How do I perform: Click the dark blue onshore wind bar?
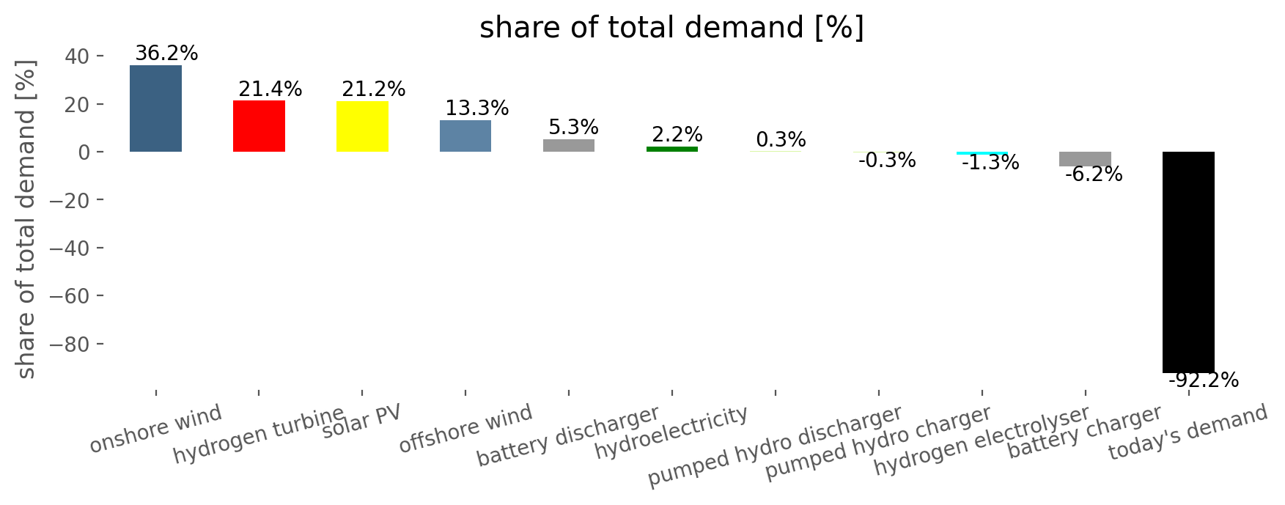coord(155,108)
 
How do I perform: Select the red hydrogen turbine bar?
coord(259,126)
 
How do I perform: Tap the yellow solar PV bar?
coord(362,126)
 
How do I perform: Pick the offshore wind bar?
coord(465,136)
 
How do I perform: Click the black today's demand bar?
coord(1188,262)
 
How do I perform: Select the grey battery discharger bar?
coord(569,145)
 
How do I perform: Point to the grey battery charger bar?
coord(1085,159)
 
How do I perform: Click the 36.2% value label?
coord(166,54)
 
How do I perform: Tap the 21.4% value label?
coord(270,89)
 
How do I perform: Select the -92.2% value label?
coord(1203,380)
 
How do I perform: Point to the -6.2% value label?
coord(1093,174)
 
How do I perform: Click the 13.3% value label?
coord(476,108)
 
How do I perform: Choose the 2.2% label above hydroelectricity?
coord(677,135)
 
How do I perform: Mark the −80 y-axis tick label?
coord(69,344)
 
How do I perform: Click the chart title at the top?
coord(671,28)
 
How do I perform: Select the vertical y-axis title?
coord(26,220)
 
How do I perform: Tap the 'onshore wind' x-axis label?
coord(155,429)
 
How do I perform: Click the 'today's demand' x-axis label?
coord(1188,432)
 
